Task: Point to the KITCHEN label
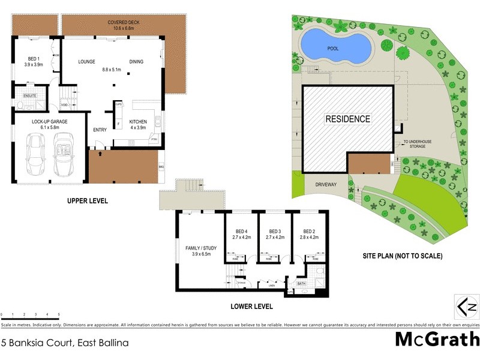coord(138,121)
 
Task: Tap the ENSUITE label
coord(30,95)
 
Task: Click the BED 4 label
coord(242,231)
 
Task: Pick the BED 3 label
coord(275,231)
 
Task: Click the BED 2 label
coord(309,231)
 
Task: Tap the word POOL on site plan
coord(332,48)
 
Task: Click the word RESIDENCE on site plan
coord(348,119)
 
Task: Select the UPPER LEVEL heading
coord(88,201)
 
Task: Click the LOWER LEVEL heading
coord(251,306)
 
